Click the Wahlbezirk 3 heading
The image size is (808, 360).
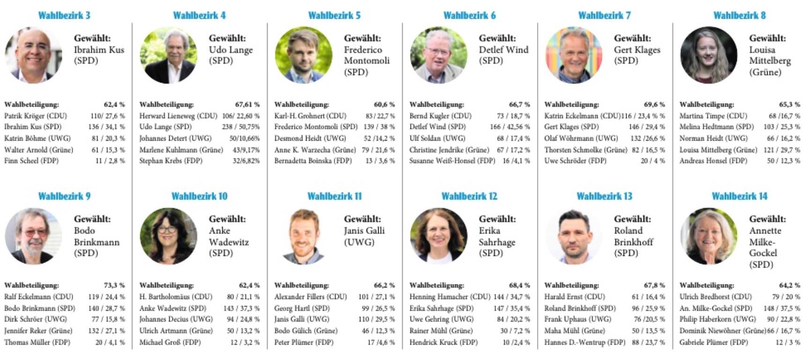pyautogui.click(x=64, y=15)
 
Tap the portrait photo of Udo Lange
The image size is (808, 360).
pyautogui.click(x=168, y=55)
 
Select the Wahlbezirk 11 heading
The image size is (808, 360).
pyautogui.click(x=335, y=196)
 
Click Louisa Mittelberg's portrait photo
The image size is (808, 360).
pyautogui.click(x=708, y=55)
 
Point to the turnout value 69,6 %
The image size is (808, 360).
pyautogui.click(x=654, y=105)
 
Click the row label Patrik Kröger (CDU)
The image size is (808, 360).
pyautogui.click(x=36, y=116)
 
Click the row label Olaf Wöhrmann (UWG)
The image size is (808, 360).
pyautogui.click(x=581, y=138)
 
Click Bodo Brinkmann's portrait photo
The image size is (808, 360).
pyautogui.click(x=33, y=236)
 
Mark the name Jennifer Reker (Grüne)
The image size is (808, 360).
pyautogui.click(x=38, y=331)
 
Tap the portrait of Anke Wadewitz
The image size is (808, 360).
pyautogui.click(x=168, y=236)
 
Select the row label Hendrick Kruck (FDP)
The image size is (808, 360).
pyautogui.click(x=443, y=342)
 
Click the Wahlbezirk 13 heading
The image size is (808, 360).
pyautogui.click(x=604, y=196)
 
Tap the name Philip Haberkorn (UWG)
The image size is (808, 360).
pyautogui.click(x=718, y=319)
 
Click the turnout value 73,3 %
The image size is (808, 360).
pyautogui.click(x=114, y=285)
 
